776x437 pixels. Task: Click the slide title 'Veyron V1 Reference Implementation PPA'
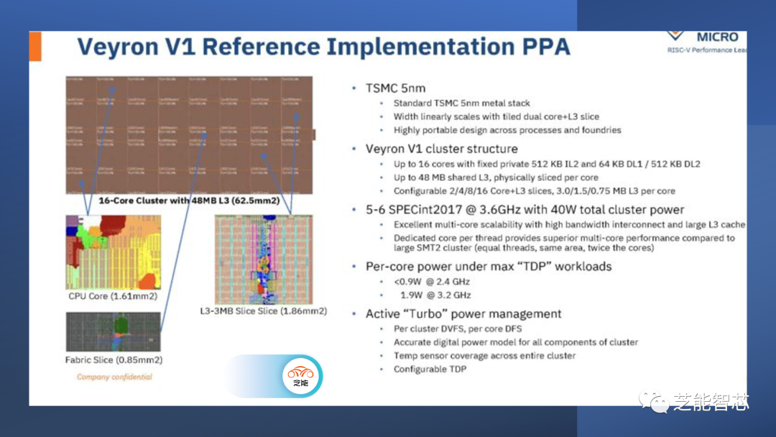point(323,47)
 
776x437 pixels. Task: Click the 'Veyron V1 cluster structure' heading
point(441,149)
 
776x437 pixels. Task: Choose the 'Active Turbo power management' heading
point(463,313)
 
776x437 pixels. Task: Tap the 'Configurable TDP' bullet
point(430,369)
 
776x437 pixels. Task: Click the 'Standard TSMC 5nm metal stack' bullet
point(461,103)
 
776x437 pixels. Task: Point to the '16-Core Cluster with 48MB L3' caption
point(189,201)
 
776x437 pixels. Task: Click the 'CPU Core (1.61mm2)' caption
point(113,296)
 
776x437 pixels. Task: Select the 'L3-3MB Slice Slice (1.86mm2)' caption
point(263,311)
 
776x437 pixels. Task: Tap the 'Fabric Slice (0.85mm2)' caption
point(114,360)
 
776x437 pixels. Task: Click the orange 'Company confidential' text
point(114,377)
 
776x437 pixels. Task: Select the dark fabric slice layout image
point(113,331)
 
